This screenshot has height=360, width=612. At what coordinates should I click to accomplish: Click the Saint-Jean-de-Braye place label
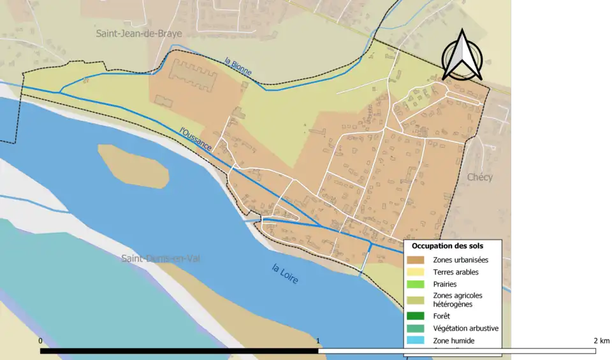(x=139, y=33)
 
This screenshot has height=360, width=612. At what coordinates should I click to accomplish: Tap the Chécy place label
(x=479, y=177)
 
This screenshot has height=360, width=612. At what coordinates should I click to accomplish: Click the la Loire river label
(x=284, y=274)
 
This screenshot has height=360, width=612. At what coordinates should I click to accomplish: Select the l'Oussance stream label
(x=196, y=138)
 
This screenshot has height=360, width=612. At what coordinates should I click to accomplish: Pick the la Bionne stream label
(x=238, y=68)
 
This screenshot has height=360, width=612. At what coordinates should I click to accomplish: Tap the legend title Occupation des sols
(x=447, y=246)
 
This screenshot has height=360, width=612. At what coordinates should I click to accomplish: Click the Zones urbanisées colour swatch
(x=416, y=260)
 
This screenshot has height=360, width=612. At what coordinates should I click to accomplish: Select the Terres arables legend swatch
(x=416, y=272)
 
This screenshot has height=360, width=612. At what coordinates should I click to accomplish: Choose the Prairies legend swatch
(x=416, y=284)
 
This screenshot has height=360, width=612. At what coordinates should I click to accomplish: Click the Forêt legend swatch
(x=416, y=315)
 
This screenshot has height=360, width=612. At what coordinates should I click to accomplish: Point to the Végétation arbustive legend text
(x=465, y=328)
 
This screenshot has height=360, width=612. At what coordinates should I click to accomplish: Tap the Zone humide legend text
(x=453, y=341)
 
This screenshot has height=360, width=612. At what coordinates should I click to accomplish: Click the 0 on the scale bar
(x=40, y=342)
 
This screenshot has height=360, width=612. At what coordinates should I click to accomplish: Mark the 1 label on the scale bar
(x=318, y=342)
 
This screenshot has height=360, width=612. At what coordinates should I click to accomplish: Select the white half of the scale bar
(x=456, y=350)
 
